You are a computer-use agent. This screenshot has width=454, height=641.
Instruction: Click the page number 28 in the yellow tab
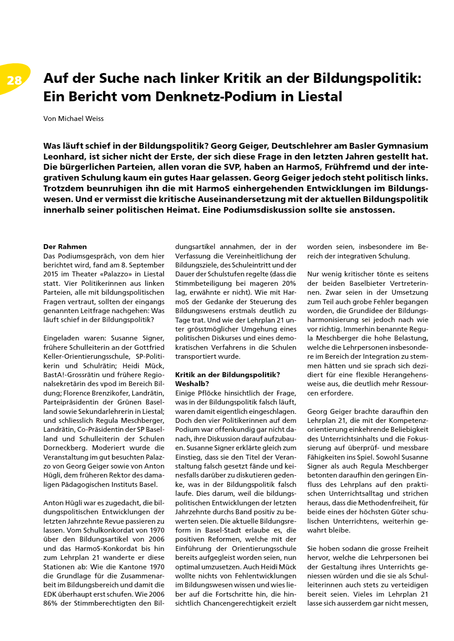[x=14, y=80]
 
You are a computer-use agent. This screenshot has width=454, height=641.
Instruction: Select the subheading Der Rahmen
[x=65, y=247]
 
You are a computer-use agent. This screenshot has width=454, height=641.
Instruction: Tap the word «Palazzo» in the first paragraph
[x=115, y=274]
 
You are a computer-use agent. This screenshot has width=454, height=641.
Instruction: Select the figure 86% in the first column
[x=52, y=603]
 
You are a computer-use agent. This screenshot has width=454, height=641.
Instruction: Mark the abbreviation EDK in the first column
[x=50, y=594]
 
